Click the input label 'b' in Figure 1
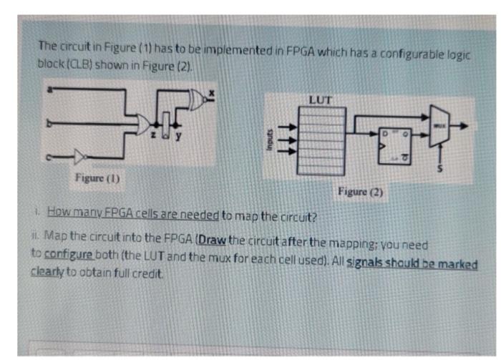49,123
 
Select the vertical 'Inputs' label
265,139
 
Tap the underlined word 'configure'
64,254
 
